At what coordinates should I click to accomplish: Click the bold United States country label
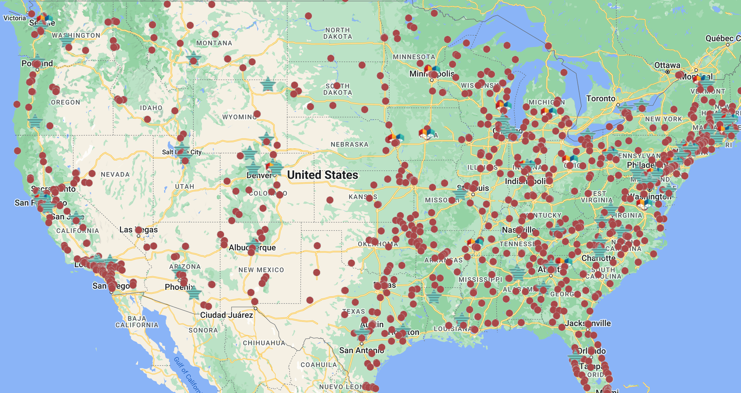(323, 175)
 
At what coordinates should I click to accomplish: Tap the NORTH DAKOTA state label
(338, 33)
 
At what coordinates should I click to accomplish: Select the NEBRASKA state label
(350, 144)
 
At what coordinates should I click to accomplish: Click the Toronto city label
(601, 99)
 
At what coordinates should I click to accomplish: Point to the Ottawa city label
(667, 65)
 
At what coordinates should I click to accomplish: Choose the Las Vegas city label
(139, 230)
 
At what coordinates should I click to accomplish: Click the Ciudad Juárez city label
(226, 315)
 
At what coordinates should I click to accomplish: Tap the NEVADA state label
(115, 174)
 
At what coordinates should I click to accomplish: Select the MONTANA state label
(214, 43)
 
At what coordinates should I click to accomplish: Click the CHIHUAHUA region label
(264, 343)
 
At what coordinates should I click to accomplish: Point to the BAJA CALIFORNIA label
(137, 322)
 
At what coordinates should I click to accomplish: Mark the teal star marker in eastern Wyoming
(268, 85)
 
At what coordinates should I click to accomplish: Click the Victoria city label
(15, 18)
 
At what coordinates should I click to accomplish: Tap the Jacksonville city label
(588, 323)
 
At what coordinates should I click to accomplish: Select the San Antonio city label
(362, 350)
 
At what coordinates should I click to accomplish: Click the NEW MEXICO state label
(261, 270)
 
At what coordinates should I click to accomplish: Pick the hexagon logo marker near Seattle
(45, 19)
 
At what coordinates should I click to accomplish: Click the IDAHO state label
(151, 108)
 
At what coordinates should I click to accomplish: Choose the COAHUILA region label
(319, 365)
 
